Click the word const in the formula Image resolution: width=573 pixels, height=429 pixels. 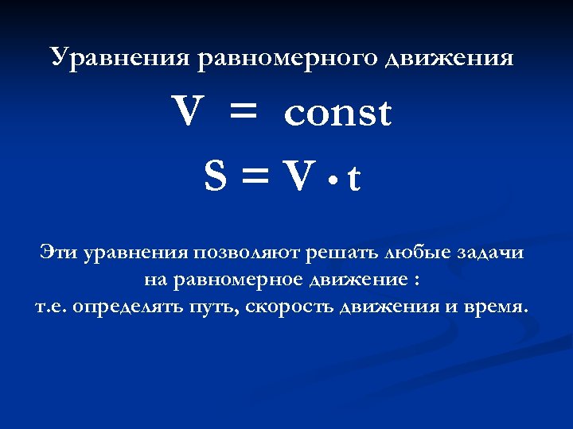pos(337,113)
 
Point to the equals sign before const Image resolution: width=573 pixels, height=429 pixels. pos(244,114)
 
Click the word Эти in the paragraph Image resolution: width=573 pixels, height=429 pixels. pos(57,253)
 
